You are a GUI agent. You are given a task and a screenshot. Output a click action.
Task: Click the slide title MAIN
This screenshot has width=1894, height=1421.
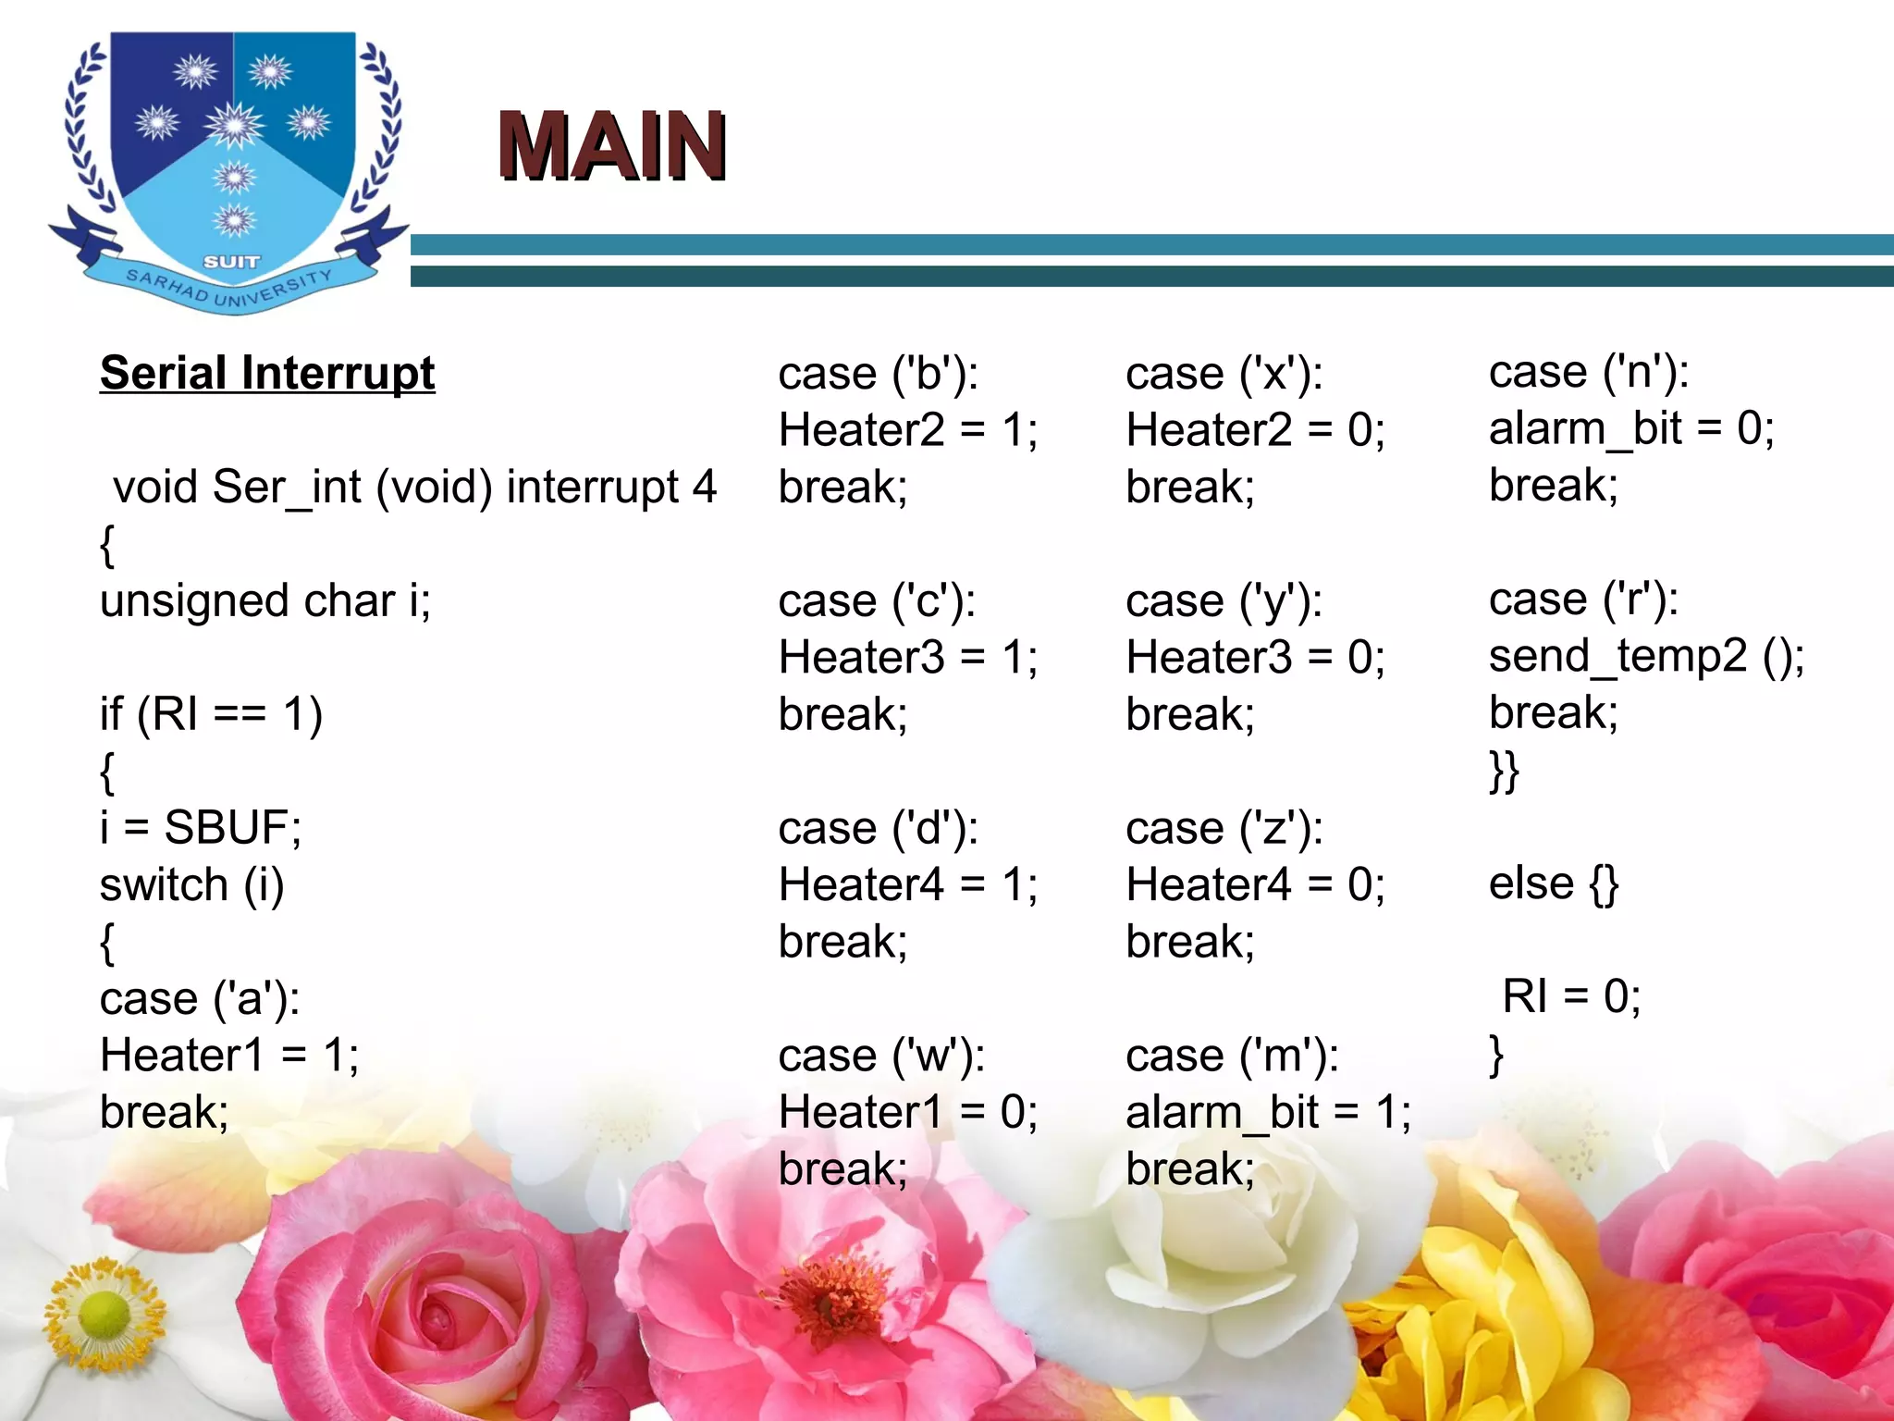[611, 145]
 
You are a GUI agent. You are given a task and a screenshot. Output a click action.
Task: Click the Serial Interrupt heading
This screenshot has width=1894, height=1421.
[267, 373]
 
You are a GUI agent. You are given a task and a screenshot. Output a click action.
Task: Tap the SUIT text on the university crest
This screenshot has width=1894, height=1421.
[231, 262]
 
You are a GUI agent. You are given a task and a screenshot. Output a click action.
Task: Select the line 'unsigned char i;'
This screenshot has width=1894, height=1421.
[265, 600]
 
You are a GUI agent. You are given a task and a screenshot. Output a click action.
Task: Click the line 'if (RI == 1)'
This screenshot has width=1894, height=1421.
[211, 714]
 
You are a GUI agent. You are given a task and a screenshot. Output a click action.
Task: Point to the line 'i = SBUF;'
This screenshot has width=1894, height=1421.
[201, 827]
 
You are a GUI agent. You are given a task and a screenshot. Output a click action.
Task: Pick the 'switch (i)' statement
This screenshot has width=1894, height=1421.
[192, 884]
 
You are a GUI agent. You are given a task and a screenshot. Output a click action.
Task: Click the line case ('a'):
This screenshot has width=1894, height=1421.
[200, 998]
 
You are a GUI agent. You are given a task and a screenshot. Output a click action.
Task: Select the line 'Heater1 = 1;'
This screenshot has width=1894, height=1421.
[229, 1055]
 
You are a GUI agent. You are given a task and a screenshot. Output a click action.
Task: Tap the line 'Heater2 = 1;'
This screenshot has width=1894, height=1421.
[908, 430]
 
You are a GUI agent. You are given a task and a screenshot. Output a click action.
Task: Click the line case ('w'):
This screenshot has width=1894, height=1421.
[881, 1056]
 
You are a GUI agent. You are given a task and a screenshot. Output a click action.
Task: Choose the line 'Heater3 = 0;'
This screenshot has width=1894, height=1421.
[1255, 658]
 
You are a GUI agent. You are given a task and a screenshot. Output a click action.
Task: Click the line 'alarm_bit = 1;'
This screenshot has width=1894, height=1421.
[1268, 1112]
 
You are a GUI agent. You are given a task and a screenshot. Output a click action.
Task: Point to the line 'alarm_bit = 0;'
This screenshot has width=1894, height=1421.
[1631, 428]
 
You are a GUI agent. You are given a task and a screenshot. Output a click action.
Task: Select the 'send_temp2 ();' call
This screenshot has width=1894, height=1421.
[1646, 656]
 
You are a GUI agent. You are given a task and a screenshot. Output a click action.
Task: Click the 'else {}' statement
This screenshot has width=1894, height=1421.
[1554, 883]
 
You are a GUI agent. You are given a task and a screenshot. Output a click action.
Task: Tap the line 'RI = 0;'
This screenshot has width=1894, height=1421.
[1571, 997]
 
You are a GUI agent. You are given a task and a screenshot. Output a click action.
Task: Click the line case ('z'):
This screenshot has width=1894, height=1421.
[1224, 828]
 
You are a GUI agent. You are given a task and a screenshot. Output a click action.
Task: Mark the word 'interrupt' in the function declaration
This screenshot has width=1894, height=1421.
[592, 487]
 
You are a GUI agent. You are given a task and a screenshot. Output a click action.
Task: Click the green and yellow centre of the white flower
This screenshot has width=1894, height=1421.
[105, 1314]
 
